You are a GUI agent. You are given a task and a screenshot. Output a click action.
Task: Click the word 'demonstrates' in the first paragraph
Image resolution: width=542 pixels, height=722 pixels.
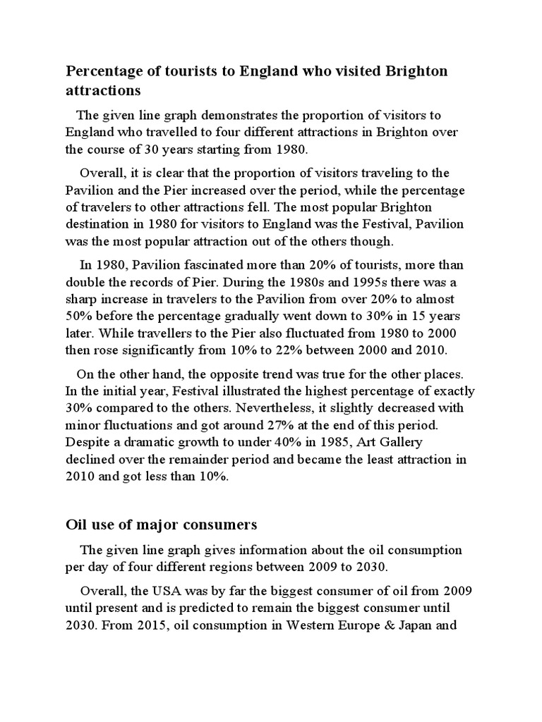(239, 115)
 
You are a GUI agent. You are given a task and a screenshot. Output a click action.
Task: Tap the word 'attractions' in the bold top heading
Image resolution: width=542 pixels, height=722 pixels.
(103, 91)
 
